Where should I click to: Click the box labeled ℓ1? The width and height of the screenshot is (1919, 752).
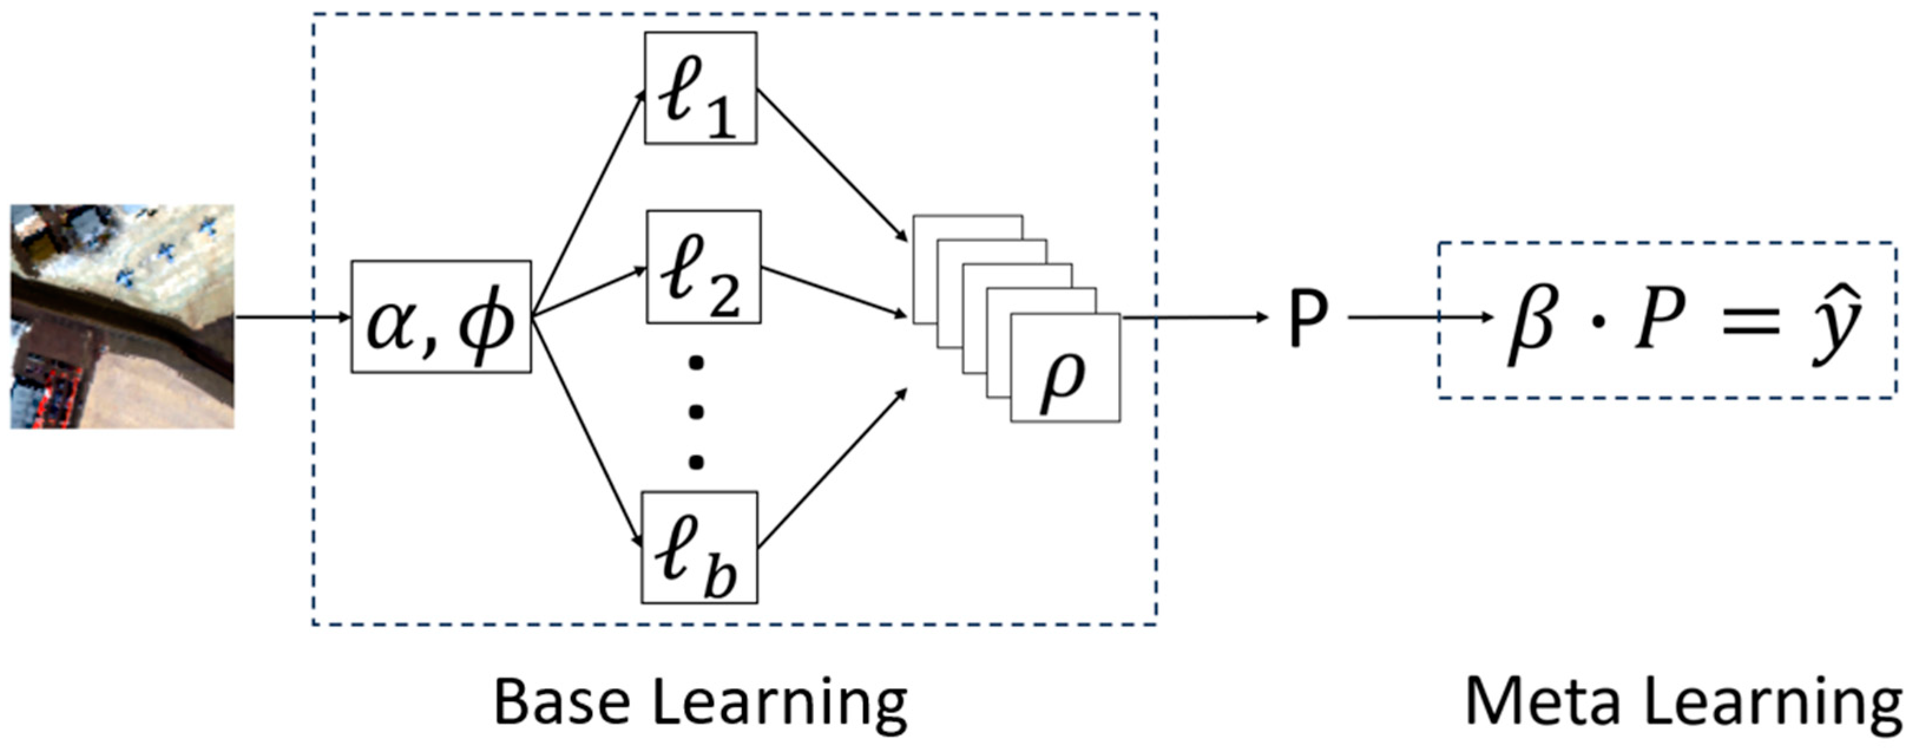[x=700, y=88]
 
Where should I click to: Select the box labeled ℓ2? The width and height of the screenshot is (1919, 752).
[x=703, y=267]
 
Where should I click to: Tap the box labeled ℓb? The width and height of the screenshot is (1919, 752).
[x=699, y=547]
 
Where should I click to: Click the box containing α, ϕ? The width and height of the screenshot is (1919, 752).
[x=441, y=317]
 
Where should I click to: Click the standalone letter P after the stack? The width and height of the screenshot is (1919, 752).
[x=1307, y=318]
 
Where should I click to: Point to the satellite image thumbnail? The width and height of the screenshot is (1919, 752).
[x=122, y=317]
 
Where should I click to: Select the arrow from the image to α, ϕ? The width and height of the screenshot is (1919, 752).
[x=292, y=318]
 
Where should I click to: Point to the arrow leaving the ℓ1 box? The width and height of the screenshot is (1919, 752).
[x=830, y=164]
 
